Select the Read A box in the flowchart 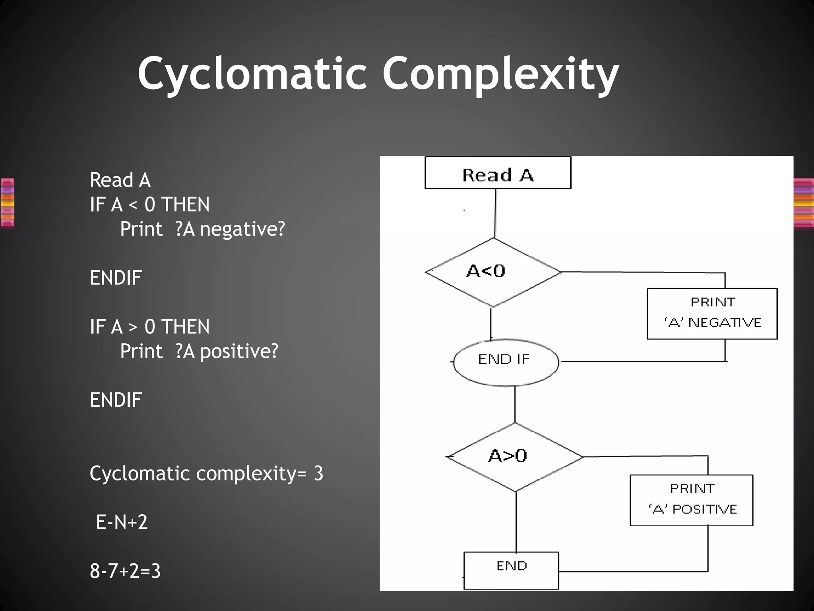pos(498,173)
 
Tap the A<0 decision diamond pos(493,272)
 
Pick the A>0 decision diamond pos(514,457)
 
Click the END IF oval pos(505,362)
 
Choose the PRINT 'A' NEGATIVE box pos(712,313)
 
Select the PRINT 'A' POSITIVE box pos(691,500)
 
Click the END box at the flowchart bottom pos(511,570)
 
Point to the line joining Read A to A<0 pos(495,214)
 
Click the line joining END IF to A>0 pos(515,404)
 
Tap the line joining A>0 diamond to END pos(516,522)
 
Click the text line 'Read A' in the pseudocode pos(120,180)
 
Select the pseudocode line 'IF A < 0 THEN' pos(149,205)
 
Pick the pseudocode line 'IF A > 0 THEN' pos(149,327)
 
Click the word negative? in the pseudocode pos(242,230)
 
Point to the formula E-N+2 pos(122,522)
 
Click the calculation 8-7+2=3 pos(125,571)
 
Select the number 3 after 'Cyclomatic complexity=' pos(318,474)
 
